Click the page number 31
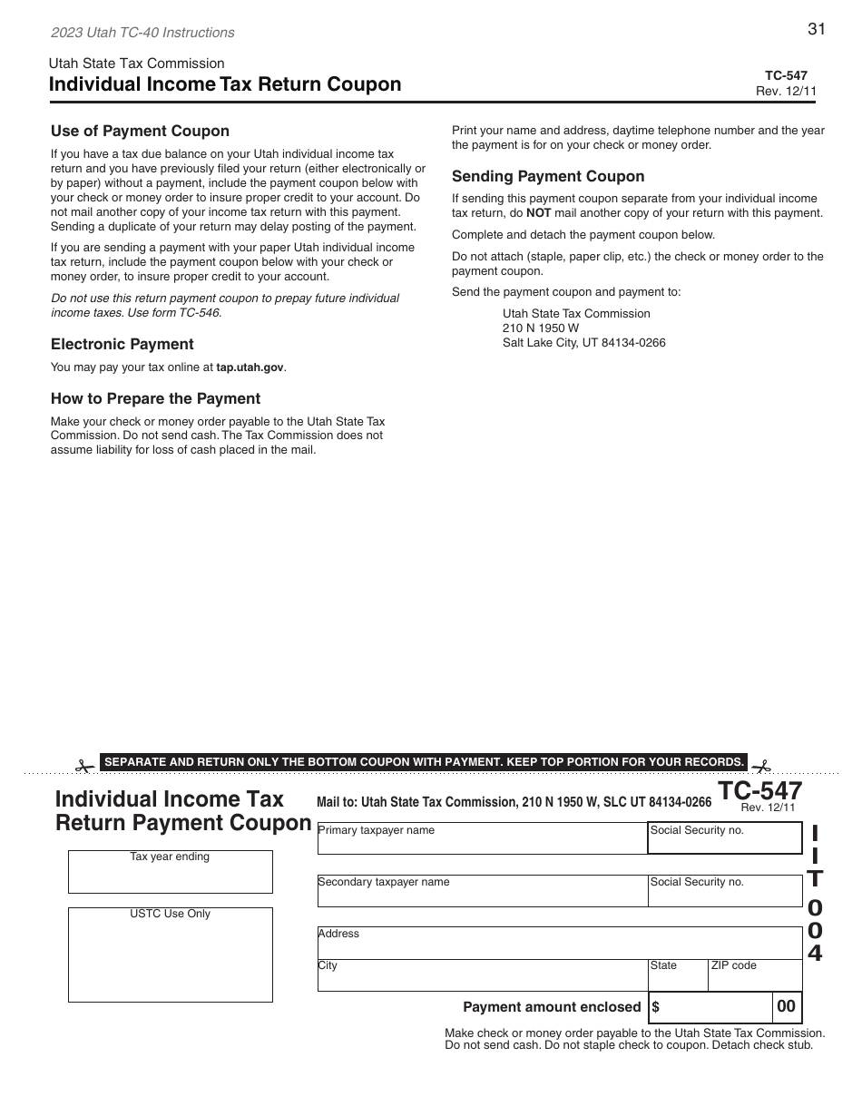coord(816,29)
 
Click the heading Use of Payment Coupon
coord(140,131)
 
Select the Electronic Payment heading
coord(122,344)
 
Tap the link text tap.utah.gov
coord(250,367)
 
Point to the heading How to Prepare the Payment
coord(155,398)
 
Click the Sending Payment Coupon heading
coord(548,176)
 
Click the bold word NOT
coord(539,213)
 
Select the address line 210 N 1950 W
coord(541,328)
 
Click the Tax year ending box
coord(170,876)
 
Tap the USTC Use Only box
coord(170,960)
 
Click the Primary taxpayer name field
coord(482,841)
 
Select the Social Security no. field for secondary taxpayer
coord(724,895)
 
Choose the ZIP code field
coord(754,978)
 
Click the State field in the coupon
coord(677,978)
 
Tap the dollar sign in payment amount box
coord(656,1007)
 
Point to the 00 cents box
coord(787,1006)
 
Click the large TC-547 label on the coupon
coord(760,791)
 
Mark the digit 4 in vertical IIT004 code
coord(816,954)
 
